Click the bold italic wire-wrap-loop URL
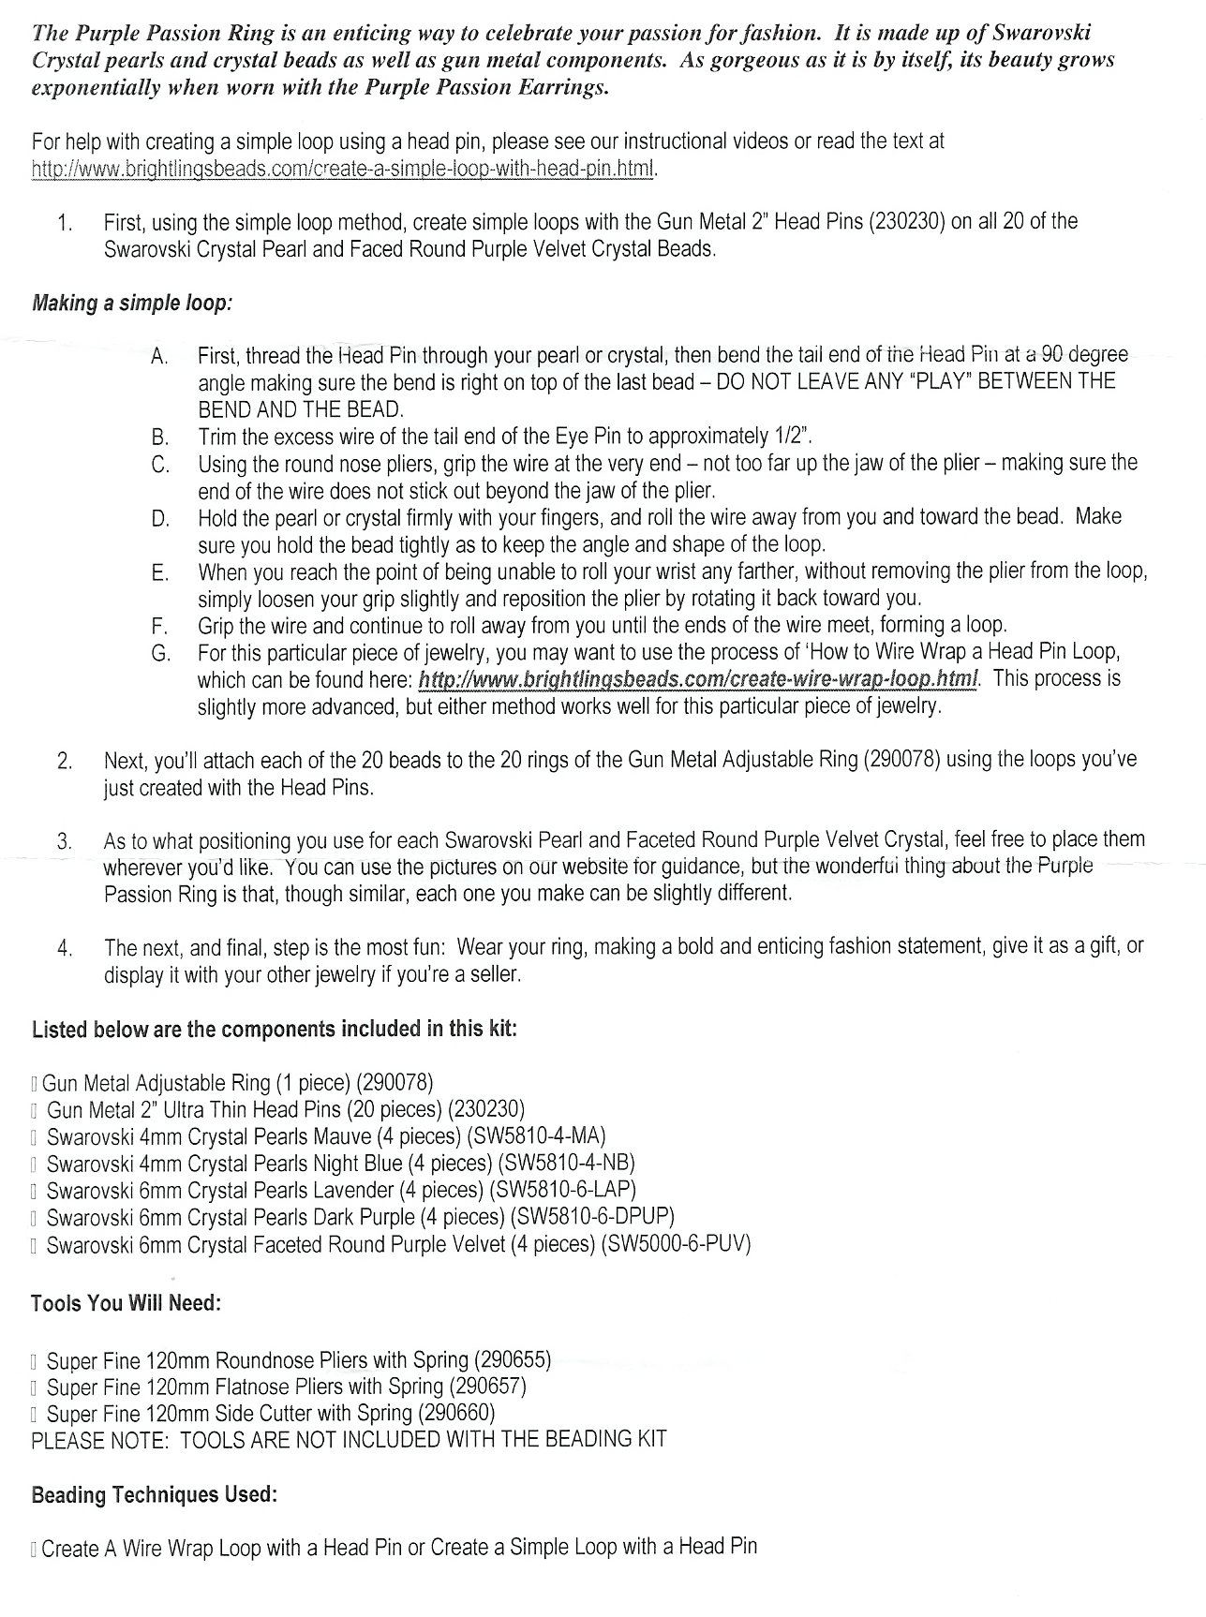[x=698, y=678]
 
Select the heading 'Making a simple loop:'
[x=132, y=304]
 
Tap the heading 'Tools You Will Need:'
[x=126, y=1303]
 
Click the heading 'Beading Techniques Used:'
[x=154, y=1494]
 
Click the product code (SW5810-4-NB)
[x=567, y=1164]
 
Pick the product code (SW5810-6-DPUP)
[x=592, y=1217]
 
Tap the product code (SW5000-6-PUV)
[x=677, y=1244]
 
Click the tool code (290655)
[x=513, y=1359]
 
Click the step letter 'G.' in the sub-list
[x=159, y=653]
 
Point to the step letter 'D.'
[x=160, y=518]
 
